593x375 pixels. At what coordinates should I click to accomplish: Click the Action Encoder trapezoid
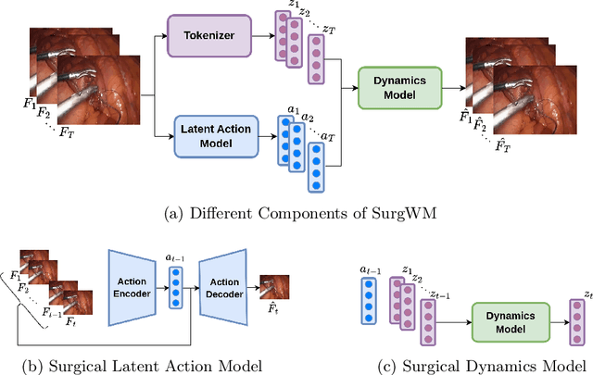click(134, 285)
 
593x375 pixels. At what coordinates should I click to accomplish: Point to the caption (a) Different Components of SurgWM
click(296, 215)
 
